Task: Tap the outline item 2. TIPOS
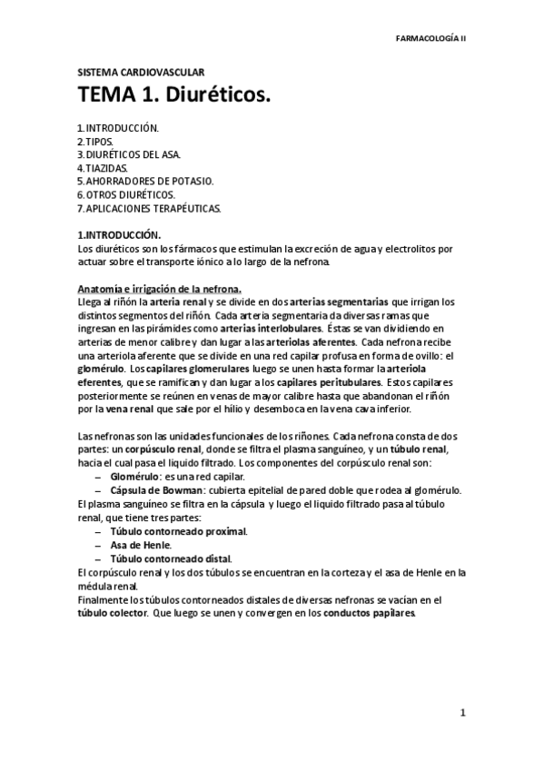[x=95, y=143]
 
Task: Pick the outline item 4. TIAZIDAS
[x=103, y=168]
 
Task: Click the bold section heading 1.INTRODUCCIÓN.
[x=118, y=234]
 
